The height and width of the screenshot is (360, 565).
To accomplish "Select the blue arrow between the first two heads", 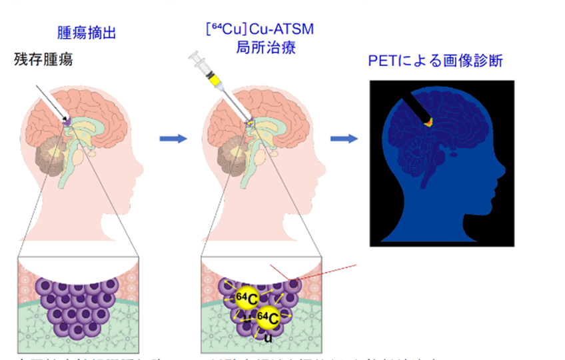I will pos(173,139).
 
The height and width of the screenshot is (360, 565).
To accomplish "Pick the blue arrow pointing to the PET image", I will pos(344,138).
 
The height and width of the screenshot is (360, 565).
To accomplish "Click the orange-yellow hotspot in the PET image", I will pos(429,122).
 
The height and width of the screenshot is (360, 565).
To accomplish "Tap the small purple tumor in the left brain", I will pos(67,122).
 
